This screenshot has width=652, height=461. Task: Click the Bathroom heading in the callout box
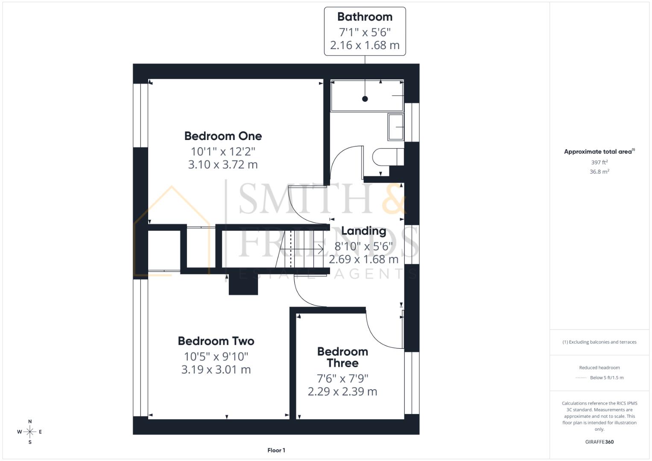pyautogui.click(x=365, y=17)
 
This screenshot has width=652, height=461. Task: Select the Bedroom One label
pyautogui.click(x=223, y=136)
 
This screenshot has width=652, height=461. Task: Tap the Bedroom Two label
pyautogui.click(x=216, y=341)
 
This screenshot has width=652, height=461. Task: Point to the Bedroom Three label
pyautogui.click(x=342, y=357)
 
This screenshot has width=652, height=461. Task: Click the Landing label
pyautogui.click(x=363, y=231)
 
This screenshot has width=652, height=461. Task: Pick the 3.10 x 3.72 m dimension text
pyautogui.click(x=223, y=165)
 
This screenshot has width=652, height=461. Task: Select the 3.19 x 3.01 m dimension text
pyautogui.click(x=216, y=370)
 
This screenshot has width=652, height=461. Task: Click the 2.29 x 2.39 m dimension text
pyautogui.click(x=342, y=391)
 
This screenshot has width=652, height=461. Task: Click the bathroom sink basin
pyautogui.click(x=395, y=127)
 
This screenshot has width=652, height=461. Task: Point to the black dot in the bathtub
pyautogui.click(x=365, y=99)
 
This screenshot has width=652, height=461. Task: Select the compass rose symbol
pyautogui.click(x=30, y=432)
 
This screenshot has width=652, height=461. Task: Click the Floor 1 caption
pyautogui.click(x=276, y=450)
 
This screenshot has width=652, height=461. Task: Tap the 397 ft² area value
pyautogui.click(x=599, y=163)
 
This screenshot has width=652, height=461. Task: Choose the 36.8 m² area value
pyautogui.click(x=599, y=172)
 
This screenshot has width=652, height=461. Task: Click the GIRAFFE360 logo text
pyautogui.click(x=599, y=442)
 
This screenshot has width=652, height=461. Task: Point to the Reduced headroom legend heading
pyautogui.click(x=599, y=368)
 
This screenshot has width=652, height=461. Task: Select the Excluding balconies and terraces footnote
pyautogui.click(x=599, y=342)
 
